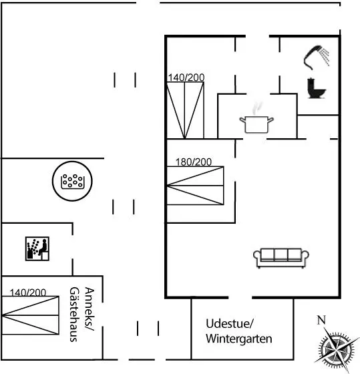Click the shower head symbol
point(316,57)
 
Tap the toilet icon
point(317,88)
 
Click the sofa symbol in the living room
point(281,258)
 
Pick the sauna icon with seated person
point(37,248)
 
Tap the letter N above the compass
point(321,320)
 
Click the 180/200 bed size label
point(194,162)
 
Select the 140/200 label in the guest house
point(28,293)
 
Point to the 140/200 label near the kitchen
point(186,77)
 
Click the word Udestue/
point(230,324)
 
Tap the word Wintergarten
point(239,339)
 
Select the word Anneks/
point(89,309)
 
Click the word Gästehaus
point(74,315)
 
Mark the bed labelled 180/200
point(196,186)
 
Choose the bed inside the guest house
point(30,315)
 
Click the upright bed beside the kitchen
point(186,110)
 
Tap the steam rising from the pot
point(256,108)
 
